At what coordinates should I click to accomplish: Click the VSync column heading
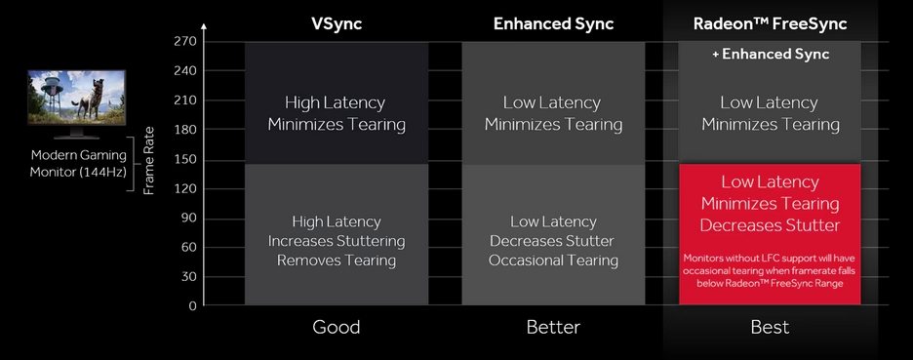coord(337,23)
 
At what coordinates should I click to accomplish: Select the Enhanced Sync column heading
coord(553,23)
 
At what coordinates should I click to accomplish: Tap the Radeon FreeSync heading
coord(770,23)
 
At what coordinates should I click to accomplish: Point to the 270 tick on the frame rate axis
coord(188,42)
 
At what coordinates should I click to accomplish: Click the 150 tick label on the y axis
coord(188,160)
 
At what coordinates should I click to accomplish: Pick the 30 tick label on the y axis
coord(188,277)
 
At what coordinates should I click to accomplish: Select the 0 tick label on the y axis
coord(193,305)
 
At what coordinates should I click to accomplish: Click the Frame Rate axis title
coord(149,160)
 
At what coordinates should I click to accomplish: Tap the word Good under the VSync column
coord(336,327)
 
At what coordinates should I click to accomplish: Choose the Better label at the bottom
coord(553,327)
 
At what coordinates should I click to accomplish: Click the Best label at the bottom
coord(770,327)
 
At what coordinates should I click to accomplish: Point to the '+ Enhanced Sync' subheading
coord(770,55)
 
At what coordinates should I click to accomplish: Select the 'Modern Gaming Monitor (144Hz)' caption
coord(78,164)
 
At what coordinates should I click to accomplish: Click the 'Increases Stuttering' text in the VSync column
coord(336,241)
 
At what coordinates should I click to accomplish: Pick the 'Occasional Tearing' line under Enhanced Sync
coord(553,260)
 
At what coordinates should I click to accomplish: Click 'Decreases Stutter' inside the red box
coord(770,225)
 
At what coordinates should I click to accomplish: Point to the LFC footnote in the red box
coord(770,270)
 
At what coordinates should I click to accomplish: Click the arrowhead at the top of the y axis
coord(203,26)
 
